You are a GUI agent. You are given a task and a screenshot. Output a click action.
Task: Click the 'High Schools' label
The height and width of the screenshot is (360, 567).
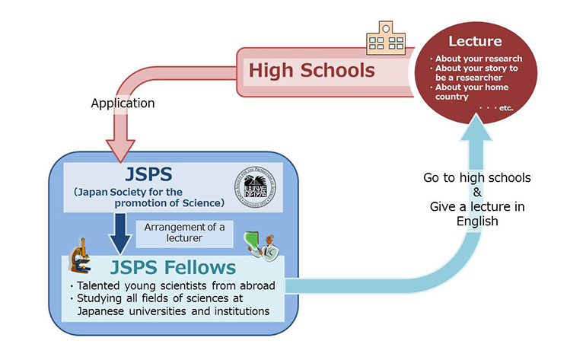point(312,71)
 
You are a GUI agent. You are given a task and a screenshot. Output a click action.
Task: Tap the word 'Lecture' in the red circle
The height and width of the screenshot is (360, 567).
point(475,41)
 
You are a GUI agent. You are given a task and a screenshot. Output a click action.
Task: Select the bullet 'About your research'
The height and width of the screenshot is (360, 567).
point(478,59)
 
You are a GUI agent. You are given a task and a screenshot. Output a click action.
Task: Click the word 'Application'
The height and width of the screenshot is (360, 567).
point(123,103)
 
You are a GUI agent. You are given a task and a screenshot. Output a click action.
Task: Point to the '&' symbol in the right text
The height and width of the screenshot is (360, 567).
point(477,192)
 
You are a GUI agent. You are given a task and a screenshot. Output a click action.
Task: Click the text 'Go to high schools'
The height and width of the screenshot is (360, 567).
point(477,177)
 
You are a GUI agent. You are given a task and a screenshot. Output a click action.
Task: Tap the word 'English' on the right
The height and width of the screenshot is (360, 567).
point(477,222)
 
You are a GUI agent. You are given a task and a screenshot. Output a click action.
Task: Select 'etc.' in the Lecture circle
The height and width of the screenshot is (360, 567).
point(503,108)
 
